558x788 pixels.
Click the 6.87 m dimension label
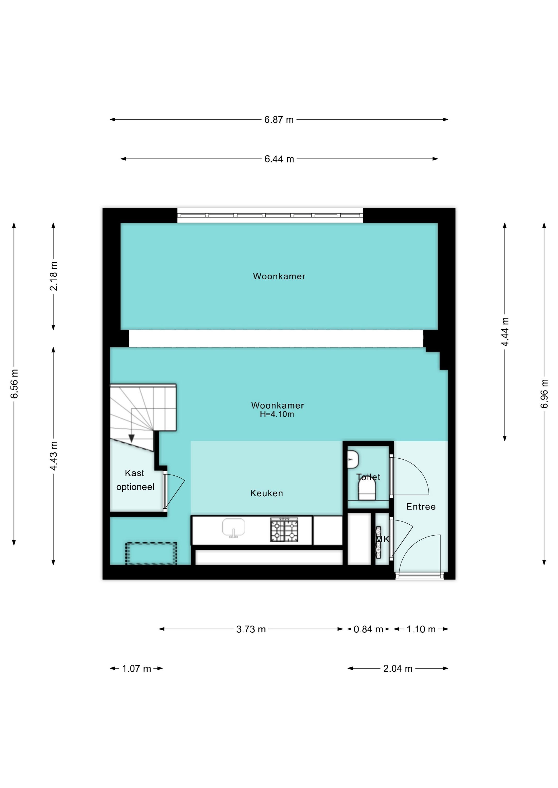coord(279,120)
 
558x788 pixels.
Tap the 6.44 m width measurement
coord(279,159)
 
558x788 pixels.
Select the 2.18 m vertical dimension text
coord(53,276)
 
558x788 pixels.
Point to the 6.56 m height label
coord(14,384)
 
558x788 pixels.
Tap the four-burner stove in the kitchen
coord(284,530)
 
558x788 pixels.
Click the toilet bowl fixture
coord(367,489)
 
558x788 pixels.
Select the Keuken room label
coord(267,494)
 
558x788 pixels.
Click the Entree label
coord(421,507)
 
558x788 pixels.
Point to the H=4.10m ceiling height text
coord(277,415)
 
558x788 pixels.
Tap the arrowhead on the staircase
coord(131,439)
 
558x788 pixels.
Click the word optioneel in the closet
coord(135,487)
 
